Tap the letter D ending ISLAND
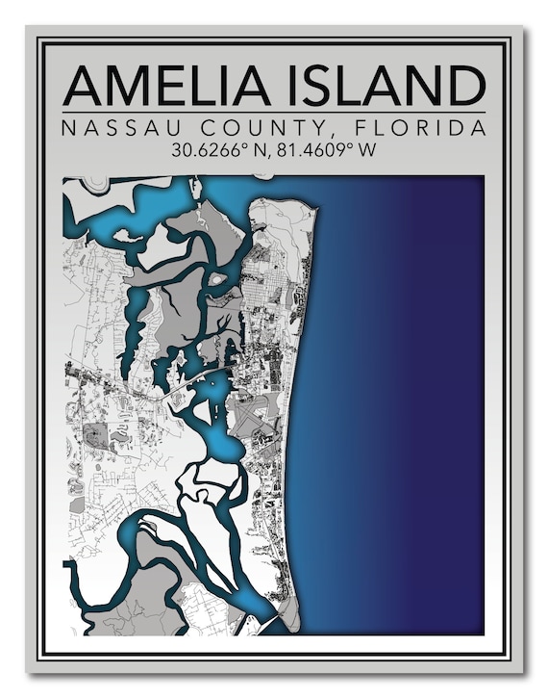tap(466, 86)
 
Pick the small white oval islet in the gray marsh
tap(218, 279)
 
